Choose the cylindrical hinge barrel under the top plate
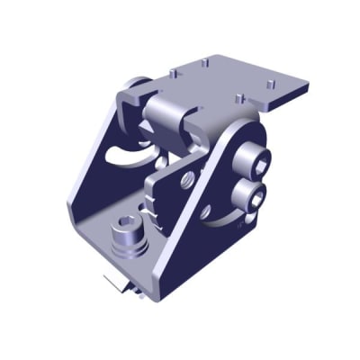click(x=166, y=117)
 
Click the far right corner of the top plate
click(x=310, y=86)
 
